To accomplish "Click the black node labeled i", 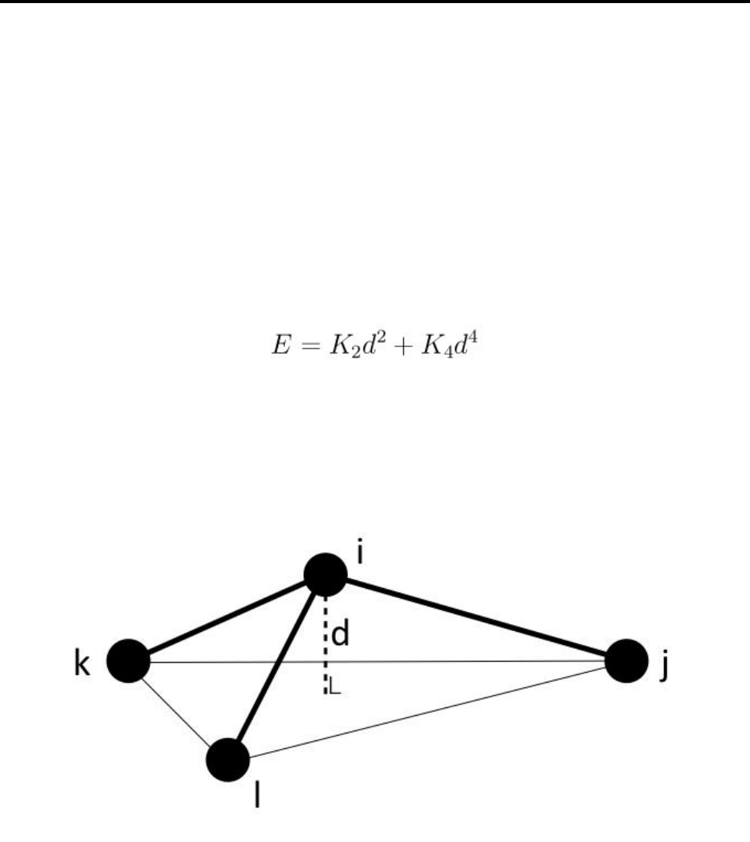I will click(326, 574).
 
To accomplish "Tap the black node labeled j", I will click(627, 660).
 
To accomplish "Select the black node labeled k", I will click(127, 660).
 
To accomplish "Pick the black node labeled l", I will click(228, 759).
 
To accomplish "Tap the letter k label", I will click(82, 664).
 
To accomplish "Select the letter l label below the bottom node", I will click(257, 796).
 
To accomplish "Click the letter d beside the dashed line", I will click(341, 636).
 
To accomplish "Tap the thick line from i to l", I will click(277, 666).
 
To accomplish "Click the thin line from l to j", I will click(431, 710).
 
